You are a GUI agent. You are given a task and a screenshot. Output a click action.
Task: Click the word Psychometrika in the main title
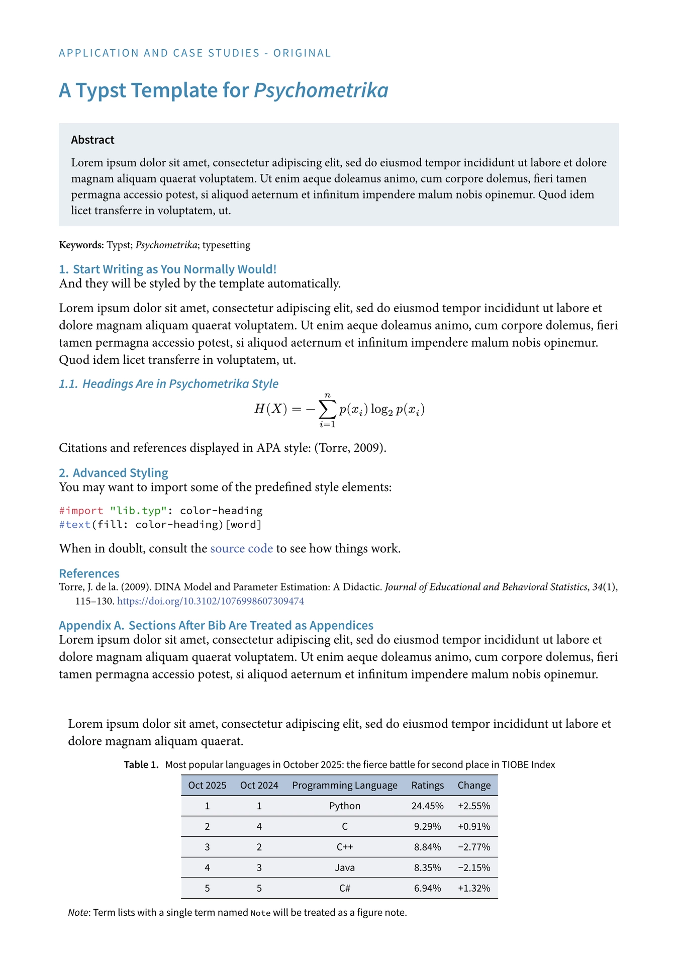point(321,91)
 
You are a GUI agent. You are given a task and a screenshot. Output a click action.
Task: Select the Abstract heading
point(92,140)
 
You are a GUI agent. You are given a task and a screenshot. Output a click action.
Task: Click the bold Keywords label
point(81,245)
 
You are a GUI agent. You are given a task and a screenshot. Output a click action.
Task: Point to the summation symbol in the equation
point(327,410)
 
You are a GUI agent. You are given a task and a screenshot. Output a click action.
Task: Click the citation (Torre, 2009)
point(350,448)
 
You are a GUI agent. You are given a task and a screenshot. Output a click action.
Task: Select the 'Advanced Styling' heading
point(120,473)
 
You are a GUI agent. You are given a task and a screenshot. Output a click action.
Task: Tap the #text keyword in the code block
point(75,525)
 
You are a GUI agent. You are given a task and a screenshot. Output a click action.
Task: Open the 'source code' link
point(241,548)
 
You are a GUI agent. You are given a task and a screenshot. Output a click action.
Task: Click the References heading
point(89,573)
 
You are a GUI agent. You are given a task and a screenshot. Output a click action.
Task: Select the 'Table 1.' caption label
point(141,765)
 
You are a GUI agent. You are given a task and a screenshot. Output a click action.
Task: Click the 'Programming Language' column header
point(345,785)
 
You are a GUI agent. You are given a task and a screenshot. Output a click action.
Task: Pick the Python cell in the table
point(345,806)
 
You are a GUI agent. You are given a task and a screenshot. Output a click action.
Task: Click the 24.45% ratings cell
point(427,806)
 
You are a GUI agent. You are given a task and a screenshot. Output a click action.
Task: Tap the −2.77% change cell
point(474,847)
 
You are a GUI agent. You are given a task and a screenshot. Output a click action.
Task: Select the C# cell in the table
point(345,888)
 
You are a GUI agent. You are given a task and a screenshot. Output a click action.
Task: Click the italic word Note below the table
point(78,912)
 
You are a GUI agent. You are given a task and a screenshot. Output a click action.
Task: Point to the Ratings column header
point(427,785)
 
